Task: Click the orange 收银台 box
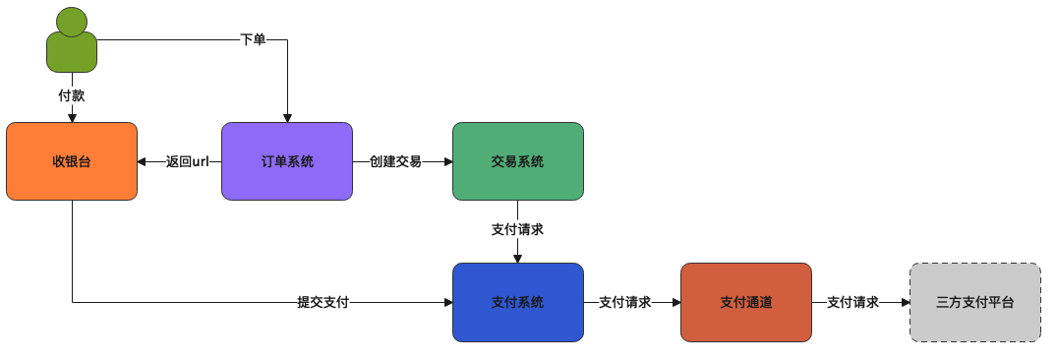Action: [x=72, y=161]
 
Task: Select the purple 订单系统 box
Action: [x=287, y=161]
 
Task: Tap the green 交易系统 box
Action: [x=517, y=161]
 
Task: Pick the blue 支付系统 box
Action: [x=517, y=302]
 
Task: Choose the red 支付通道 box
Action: [x=745, y=302]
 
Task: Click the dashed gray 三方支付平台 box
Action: [x=974, y=302]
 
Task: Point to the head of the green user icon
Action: [x=71, y=21]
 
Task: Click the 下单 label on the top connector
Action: [x=253, y=40]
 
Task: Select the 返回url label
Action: [x=188, y=161]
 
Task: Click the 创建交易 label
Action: [x=395, y=161]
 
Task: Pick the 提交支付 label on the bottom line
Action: [x=323, y=302]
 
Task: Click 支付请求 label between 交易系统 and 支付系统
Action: [x=517, y=229]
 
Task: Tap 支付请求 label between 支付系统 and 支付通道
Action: [x=624, y=302]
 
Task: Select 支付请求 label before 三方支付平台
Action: [x=852, y=302]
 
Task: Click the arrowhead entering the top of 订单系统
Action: [x=287, y=117]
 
